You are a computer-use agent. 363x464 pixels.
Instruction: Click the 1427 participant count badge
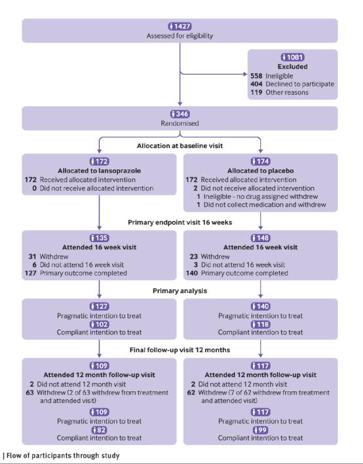(180, 26)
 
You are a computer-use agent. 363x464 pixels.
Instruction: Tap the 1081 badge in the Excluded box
(292, 57)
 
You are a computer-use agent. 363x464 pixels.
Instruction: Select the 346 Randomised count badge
(180, 114)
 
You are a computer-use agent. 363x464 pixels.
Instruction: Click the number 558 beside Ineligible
(256, 76)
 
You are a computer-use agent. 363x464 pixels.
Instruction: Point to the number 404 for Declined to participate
(256, 84)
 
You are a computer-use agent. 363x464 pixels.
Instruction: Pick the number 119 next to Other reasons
(256, 92)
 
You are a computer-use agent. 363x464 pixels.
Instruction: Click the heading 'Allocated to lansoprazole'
(100, 171)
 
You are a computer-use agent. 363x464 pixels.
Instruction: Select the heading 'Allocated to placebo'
(261, 171)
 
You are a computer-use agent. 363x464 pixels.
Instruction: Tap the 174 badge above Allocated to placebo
(261, 161)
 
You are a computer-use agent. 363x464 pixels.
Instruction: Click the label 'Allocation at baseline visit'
(180, 145)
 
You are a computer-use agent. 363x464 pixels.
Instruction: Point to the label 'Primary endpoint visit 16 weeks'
(180, 223)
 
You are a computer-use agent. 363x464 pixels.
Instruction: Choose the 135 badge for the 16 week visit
(100, 238)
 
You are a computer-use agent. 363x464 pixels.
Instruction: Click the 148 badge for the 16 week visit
(261, 238)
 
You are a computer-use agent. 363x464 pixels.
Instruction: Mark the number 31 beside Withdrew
(32, 257)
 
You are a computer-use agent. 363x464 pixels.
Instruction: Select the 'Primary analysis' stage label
(180, 291)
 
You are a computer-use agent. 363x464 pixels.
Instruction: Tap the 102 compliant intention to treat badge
(100, 325)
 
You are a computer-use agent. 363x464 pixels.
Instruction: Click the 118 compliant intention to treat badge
(261, 325)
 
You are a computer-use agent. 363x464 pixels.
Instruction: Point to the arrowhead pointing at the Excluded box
(245, 74)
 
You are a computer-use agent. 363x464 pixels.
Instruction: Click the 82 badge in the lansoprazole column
(100, 430)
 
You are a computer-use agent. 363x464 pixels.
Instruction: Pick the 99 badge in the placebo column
(261, 430)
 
